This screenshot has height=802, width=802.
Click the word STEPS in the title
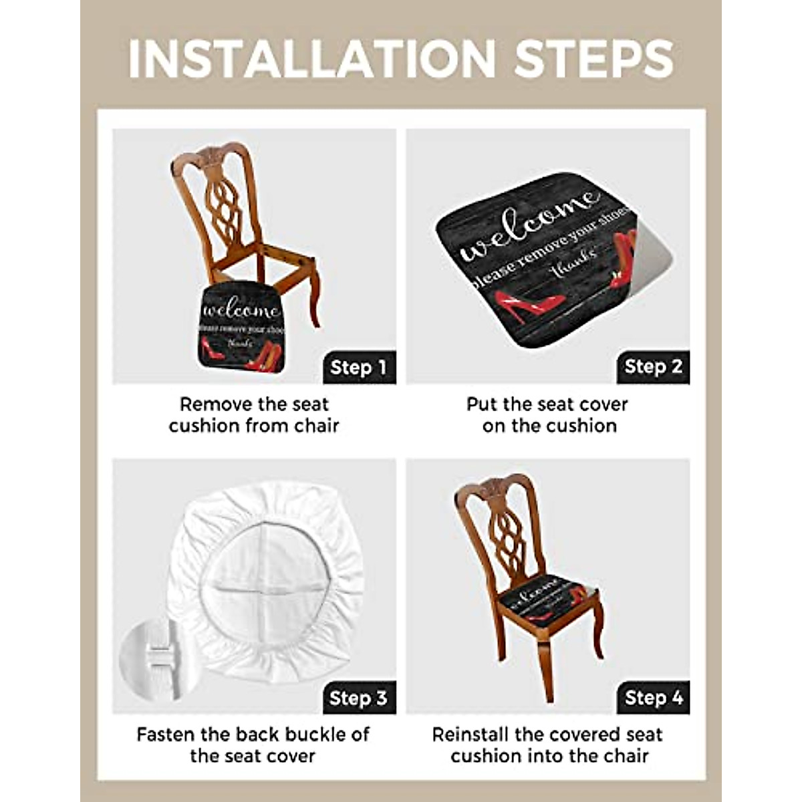pos(593,59)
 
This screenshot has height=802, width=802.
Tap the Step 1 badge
pos(359,367)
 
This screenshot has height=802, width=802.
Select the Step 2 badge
pos(653,367)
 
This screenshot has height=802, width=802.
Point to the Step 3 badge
pos(359,698)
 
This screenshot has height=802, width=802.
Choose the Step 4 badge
pos(653,698)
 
